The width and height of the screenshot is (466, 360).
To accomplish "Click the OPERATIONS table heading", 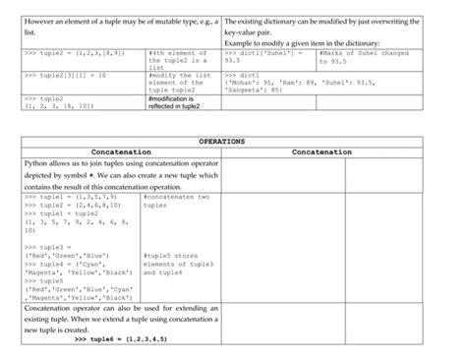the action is pyautogui.click(x=233, y=143).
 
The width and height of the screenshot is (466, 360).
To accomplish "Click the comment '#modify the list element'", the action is pyautogui.click(x=177, y=83).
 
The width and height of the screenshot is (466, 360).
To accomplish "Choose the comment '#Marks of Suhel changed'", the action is pyautogui.click(x=363, y=56).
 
